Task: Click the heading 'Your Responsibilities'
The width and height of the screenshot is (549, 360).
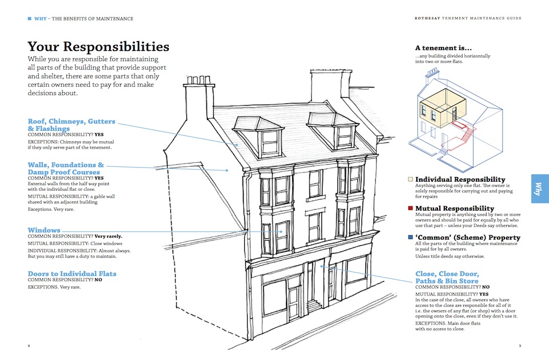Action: click(98, 47)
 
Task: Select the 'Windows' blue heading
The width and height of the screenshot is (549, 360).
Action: click(44, 230)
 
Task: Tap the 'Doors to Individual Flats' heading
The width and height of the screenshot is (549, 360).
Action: click(72, 274)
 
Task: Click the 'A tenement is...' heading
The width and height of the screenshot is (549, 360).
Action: click(443, 48)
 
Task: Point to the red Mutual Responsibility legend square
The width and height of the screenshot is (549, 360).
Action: click(411, 209)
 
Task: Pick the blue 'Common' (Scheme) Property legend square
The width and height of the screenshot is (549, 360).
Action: click(411, 237)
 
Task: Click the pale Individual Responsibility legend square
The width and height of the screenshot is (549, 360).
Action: click(411, 179)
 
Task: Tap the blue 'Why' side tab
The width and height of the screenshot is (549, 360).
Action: click(539, 189)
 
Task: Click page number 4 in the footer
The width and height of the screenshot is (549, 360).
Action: click(29, 346)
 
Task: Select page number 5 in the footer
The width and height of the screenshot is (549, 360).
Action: click(520, 346)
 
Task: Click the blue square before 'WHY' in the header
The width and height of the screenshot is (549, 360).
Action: click(30, 18)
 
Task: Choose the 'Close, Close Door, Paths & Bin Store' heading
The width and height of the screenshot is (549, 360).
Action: click(447, 277)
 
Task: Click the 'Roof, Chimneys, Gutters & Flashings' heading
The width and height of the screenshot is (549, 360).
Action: click(71, 125)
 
